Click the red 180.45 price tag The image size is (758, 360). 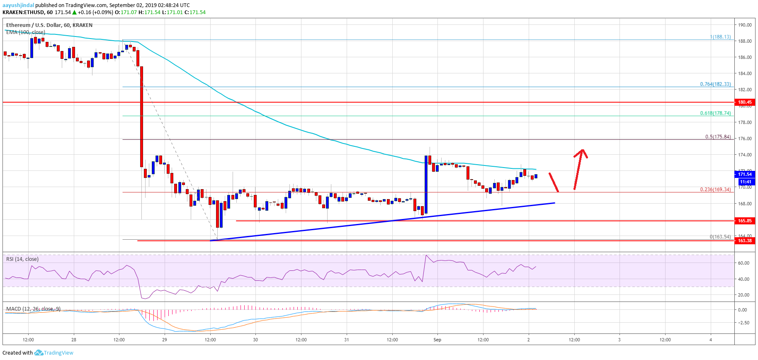tap(744, 102)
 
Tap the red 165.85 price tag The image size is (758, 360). tap(744, 221)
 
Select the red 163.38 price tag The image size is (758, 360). tap(744, 241)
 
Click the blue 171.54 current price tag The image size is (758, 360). tap(745, 175)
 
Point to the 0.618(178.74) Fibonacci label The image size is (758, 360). tap(715, 113)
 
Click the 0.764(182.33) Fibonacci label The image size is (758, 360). tap(715, 84)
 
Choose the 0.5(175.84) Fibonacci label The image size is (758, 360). tap(718, 137)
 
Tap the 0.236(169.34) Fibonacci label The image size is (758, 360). tap(715, 190)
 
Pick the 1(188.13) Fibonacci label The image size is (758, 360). tap(720, 37)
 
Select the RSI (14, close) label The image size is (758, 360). tap(22, 259)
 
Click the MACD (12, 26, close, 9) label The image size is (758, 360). tap(33, 309)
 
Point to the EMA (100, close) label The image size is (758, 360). tap(26, 32)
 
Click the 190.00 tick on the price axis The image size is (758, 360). tap(745, 25)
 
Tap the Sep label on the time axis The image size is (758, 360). tap(437, 340)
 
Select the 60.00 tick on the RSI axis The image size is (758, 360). tap(743, 263)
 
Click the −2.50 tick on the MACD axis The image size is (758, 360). tap(743, 323)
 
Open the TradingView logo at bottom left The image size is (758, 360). tap(54, 353)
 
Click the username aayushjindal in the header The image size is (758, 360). tap(18, 5)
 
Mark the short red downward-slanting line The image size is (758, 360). tap(554, 182)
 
